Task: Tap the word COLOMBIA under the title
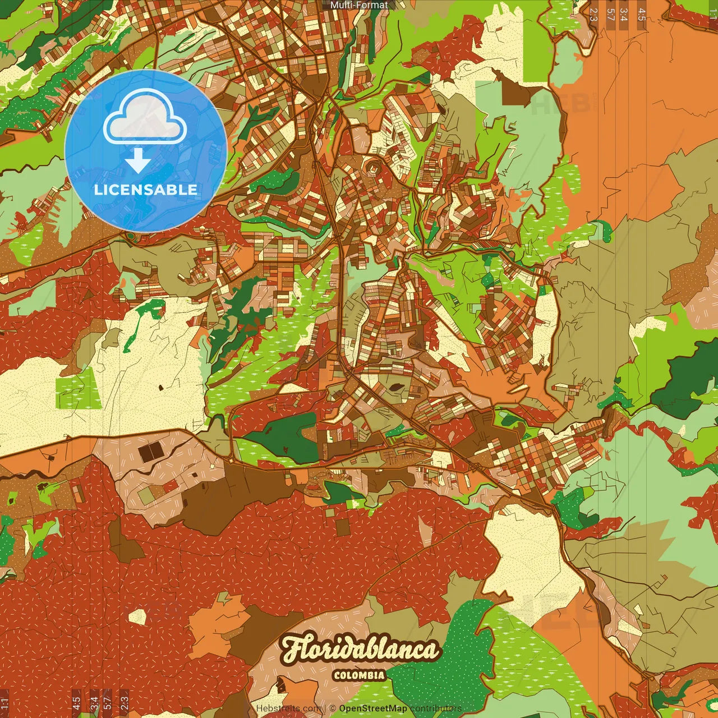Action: tap(360, 675)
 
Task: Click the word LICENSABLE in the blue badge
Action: tap(146, 190)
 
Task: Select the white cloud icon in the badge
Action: tap(145, 118)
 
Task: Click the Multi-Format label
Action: tap(359, 5)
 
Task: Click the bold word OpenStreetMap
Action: tap(373, 708)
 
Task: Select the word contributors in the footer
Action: tap(436, 708)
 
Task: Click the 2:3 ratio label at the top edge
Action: tap(593, 15)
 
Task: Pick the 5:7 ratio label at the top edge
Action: tap(610, 15)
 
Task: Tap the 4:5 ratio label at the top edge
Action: tap(642, 15)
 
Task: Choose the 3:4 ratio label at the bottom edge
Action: tap(94, 703)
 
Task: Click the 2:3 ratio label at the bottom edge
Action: tap(125, 703)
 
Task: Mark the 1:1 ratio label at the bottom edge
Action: tap(4, 703)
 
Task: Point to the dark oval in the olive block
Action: tap(395, 387)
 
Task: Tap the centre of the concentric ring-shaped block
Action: tap(371, 166)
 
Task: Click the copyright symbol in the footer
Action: tap(333, 708)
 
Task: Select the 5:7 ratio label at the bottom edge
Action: tap(107, 703)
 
